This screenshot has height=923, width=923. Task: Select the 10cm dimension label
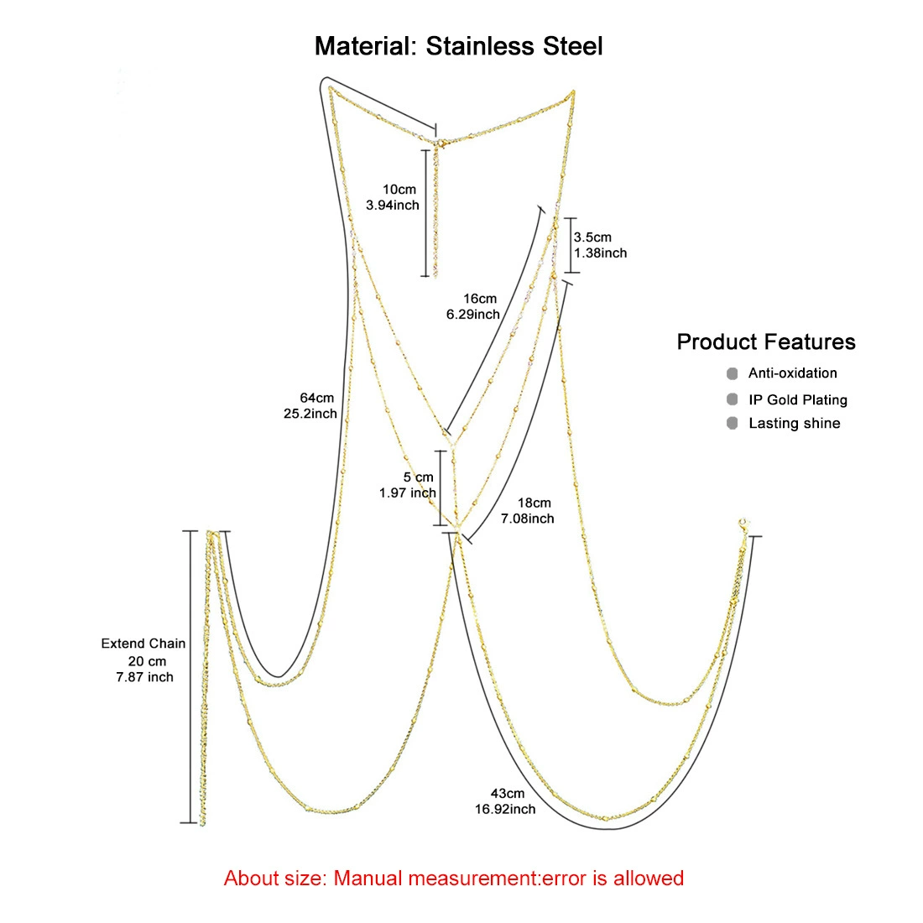tap(399, 190)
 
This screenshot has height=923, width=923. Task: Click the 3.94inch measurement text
tap(393, 206)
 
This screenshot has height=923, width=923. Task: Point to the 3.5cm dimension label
tap(592, 237)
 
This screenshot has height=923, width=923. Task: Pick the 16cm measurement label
tap(480, 299)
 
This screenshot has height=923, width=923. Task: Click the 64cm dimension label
tap(316, 398)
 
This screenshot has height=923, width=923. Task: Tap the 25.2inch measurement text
tap(310, 414)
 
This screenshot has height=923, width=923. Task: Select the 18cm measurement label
tap(534, 503)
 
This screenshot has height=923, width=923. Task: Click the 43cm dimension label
tap(508, 794)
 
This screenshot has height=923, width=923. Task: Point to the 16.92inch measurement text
tap(505, 810)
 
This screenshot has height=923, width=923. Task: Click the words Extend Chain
tap(143, 644)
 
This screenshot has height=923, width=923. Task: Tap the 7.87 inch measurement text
tap(145, 677)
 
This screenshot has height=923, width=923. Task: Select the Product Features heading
tap(766, 342)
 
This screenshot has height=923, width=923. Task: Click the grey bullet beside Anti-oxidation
tap(733, 373)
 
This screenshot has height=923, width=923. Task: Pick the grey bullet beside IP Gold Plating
tap(733, 399)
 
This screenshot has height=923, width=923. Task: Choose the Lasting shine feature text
tap(794, 423)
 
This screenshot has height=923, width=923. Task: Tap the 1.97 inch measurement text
tap(407, 493)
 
